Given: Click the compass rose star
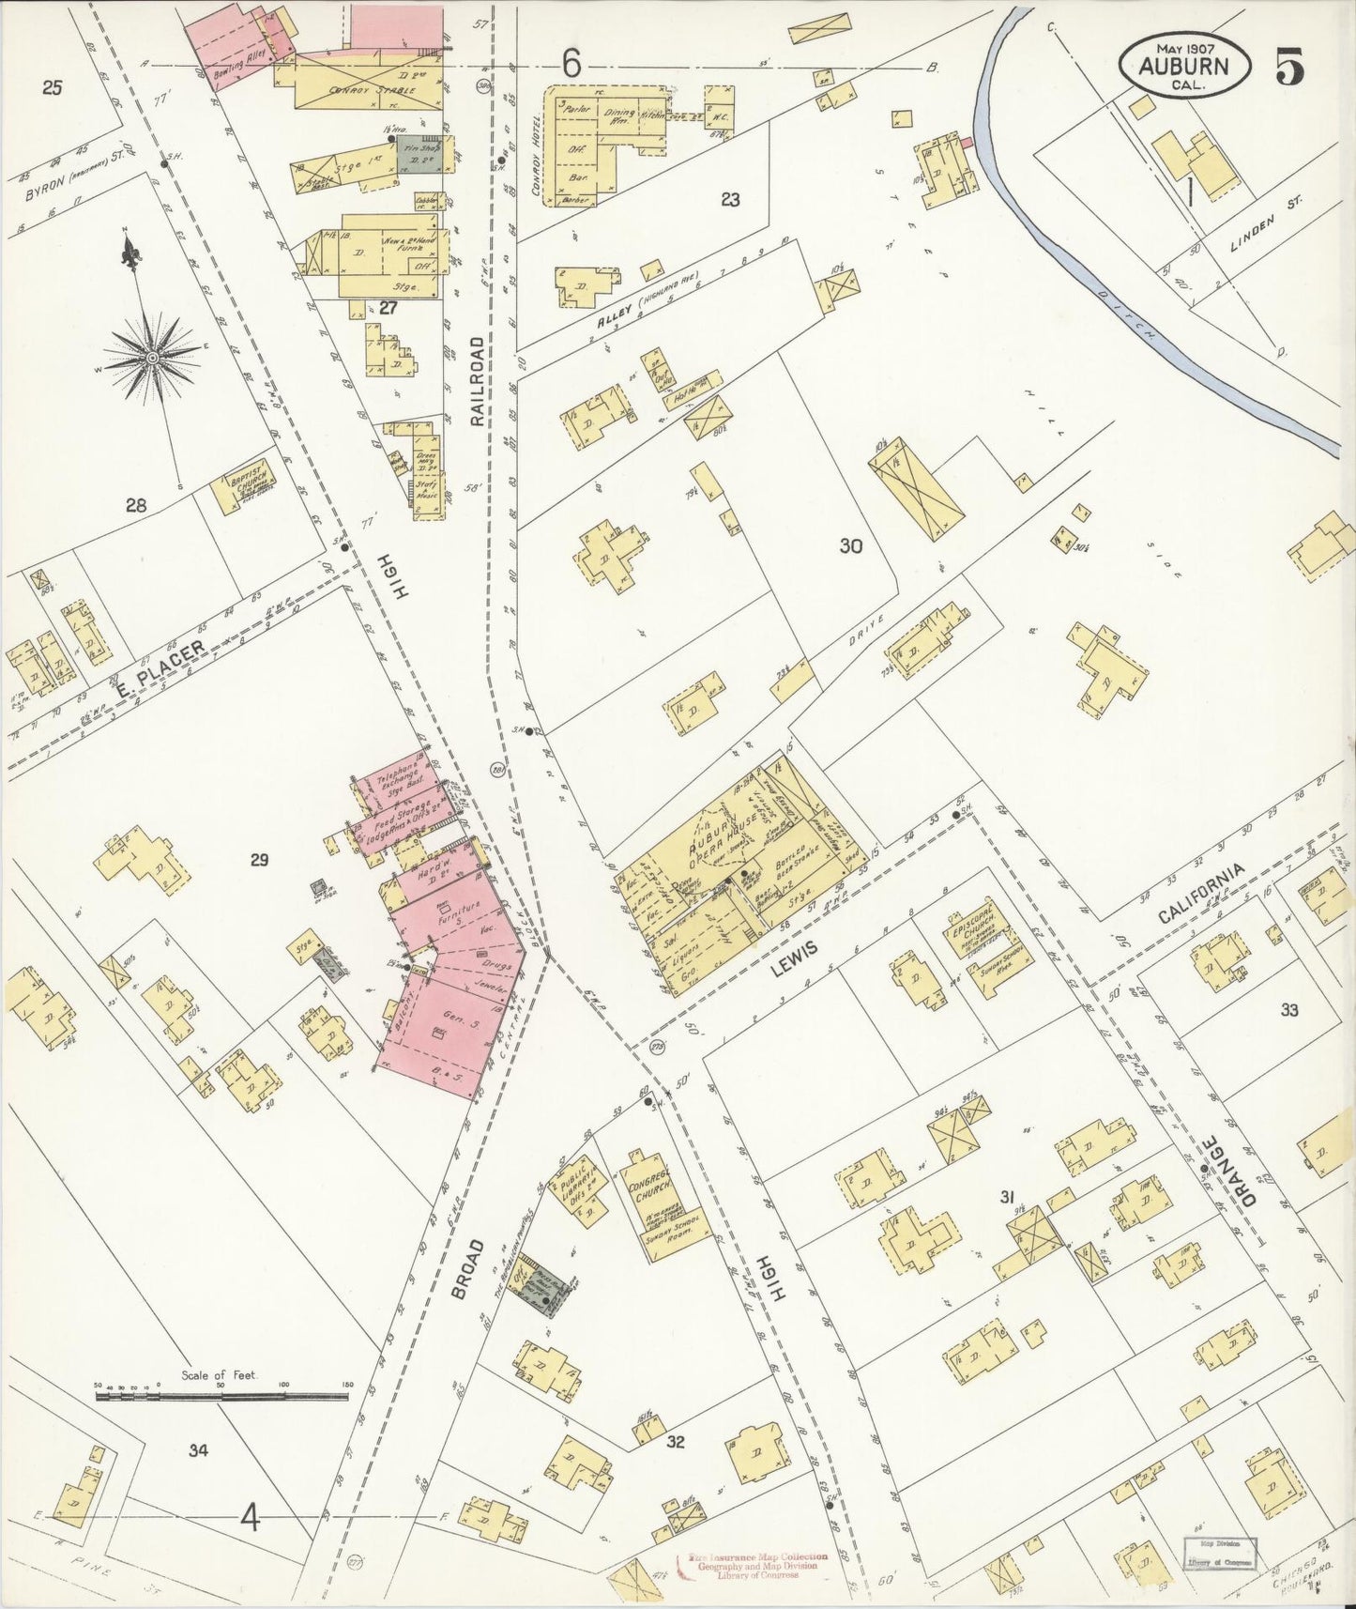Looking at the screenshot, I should click(152, 358).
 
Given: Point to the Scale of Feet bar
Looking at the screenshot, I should click(221, 1396).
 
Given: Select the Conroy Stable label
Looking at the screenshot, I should click(358, 91).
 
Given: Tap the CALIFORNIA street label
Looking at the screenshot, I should click(1201, 894).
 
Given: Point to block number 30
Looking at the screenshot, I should click(850, 545).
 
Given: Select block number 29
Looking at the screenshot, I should click(260, 859).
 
